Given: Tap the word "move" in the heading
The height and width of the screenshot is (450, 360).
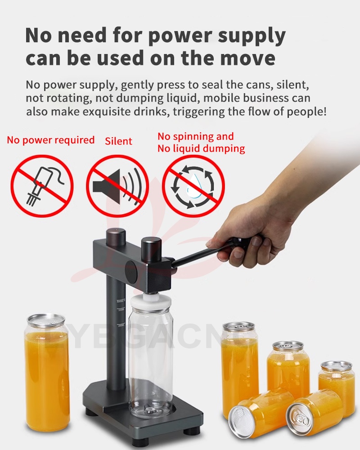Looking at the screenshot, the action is [x=247, y=58].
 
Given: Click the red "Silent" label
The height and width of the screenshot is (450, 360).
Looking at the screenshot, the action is [x=118, y=141].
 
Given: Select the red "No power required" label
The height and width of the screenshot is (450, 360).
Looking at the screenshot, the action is [x=51, y=140].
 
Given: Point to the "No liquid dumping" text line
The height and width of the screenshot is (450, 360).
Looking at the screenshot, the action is [x=201, y=148].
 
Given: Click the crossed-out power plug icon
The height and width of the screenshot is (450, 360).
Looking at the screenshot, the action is [x=42, y=186].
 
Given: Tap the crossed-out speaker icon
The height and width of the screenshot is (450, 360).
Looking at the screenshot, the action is [x=118, y=186].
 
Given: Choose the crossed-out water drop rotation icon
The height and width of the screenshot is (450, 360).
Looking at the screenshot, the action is [x=193, y=186].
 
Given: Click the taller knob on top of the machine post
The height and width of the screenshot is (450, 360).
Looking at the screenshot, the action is [x=116, y=237].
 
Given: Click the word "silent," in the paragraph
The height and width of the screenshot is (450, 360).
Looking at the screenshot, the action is [x=292, y=85].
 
